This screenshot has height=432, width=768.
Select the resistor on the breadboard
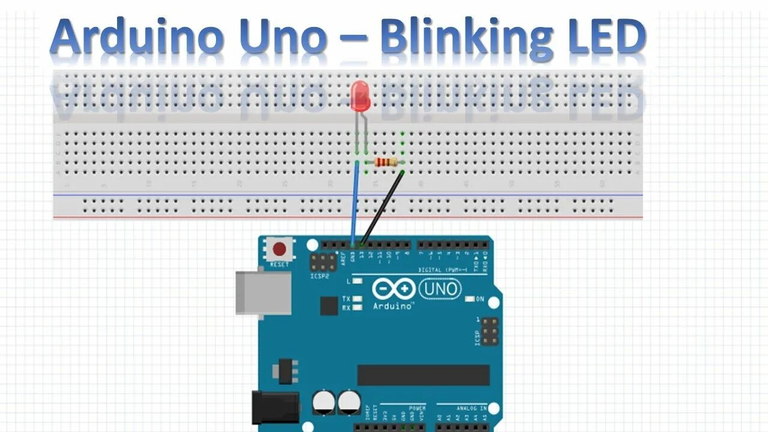point(385,162)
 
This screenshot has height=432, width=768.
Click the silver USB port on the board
point(262,292)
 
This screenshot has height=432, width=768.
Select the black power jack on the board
point(275,408)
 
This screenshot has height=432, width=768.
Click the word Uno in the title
point(283,37)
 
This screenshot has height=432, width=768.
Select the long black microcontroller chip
point(423,375)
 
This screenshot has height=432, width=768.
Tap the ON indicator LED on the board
point(470,299)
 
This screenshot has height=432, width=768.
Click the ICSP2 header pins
point(323,262)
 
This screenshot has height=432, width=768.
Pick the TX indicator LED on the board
point(358,299)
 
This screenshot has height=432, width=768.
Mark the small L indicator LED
point(358,281)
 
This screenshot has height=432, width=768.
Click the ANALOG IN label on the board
point(471,409)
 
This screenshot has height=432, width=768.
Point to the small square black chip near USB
point(328,306)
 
